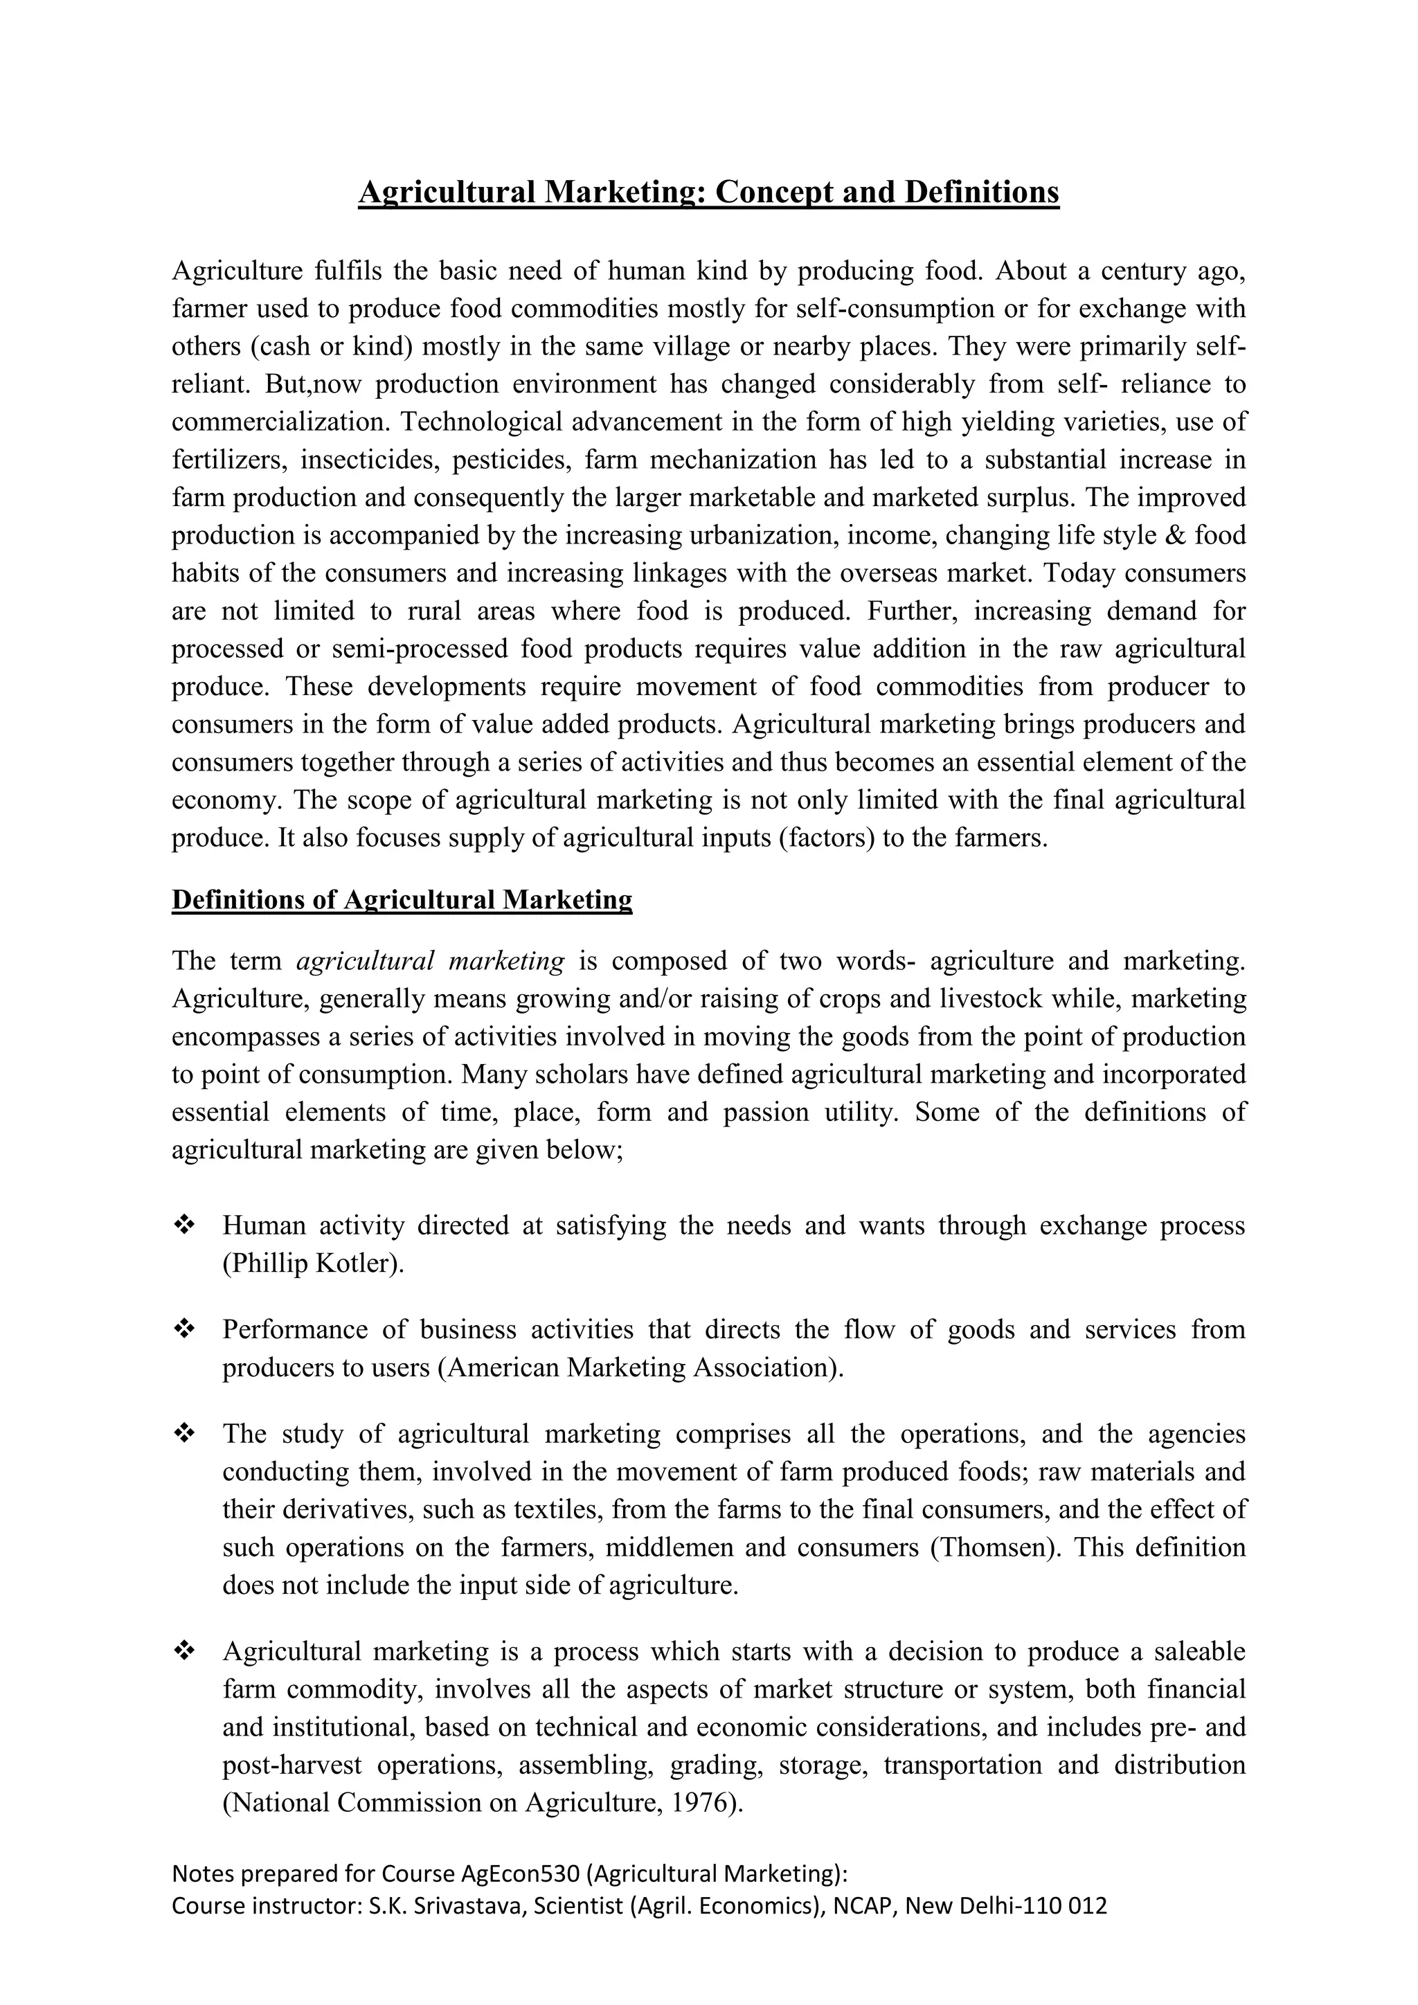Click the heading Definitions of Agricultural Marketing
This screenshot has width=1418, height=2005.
(402, 899)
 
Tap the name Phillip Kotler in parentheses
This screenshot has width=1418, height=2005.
(312, 1263)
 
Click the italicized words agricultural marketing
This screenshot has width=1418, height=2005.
(431, 960)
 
